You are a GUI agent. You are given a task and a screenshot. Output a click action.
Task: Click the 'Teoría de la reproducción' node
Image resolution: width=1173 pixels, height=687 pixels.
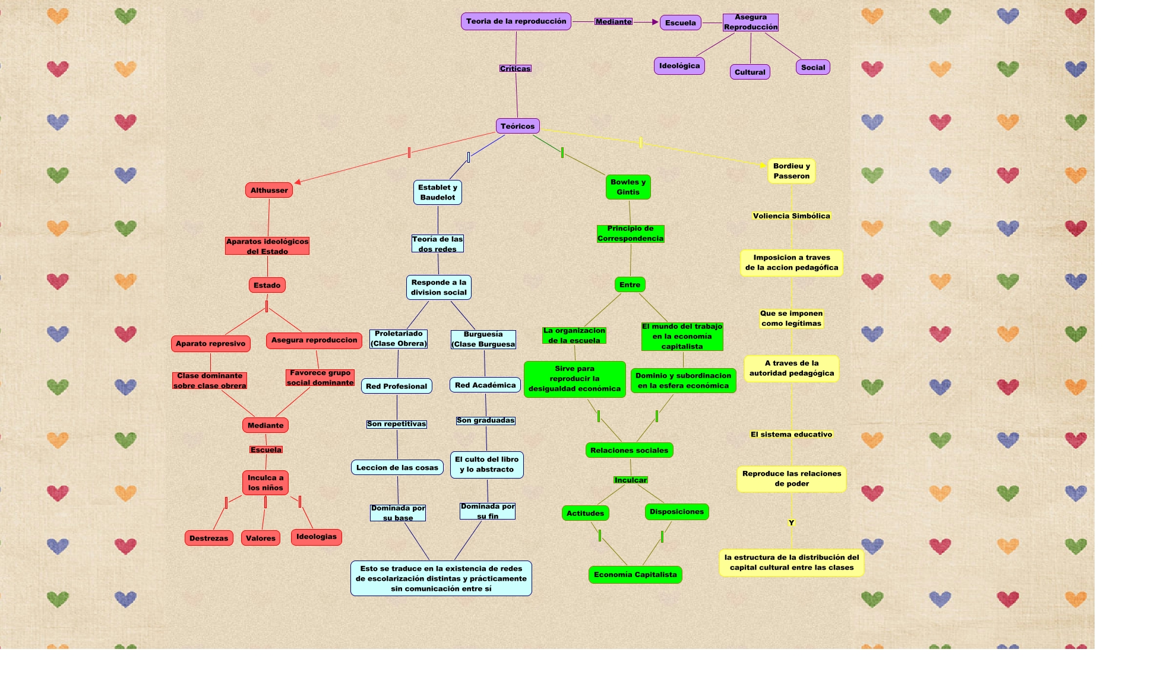(x=516, y=21)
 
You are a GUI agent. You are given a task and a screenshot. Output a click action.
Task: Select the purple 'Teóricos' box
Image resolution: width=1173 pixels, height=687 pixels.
(x=517, y=126)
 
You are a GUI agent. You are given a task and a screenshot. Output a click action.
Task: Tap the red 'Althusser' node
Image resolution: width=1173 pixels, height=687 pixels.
(x=269, y=190)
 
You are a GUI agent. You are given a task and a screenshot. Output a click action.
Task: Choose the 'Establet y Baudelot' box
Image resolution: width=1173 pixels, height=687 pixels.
(x=438, y=192)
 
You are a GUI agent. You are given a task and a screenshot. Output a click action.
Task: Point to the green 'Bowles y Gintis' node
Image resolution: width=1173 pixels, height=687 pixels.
(x=628, y=187)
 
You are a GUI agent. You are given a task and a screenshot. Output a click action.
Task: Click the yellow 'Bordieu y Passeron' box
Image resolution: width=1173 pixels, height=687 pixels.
(x=791, y=171)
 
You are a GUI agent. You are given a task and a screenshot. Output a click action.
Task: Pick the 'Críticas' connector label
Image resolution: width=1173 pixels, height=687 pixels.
(x=515, y=69)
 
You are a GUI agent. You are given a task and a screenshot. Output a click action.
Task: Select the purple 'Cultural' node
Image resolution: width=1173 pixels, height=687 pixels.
(x=750, y=72)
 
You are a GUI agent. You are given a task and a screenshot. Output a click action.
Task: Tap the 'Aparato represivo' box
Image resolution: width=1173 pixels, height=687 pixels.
(x=210, y=344)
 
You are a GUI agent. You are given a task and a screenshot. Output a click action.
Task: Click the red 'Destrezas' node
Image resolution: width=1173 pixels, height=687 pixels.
(x=208, y=539)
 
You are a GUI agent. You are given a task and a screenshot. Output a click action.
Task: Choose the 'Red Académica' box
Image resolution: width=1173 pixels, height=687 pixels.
(x=485, y=385)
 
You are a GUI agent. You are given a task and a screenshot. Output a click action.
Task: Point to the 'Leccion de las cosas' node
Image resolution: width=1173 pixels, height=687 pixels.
(x=397, y=468)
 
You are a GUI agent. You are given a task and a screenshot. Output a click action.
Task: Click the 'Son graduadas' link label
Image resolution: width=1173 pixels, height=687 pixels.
(x=485, y=420)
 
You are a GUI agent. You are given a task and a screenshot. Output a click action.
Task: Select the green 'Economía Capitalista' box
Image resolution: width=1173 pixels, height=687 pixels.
(x=635, y=575)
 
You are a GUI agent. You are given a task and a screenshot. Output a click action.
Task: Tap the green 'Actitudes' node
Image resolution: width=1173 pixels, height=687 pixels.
(x=585, y=514)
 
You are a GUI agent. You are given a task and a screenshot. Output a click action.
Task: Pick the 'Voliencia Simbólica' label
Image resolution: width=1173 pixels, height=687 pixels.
(x=791, y=216)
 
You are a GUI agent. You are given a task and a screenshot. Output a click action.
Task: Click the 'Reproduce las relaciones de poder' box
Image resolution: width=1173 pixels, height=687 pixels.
(x=791, y=479)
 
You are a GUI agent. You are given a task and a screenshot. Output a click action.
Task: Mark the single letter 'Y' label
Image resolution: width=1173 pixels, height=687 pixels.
(x=791, y=523)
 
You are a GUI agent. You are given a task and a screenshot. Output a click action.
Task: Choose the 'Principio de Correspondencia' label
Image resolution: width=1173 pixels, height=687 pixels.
(x=630, y=233)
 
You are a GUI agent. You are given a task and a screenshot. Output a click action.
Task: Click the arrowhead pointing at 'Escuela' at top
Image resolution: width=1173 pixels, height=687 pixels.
(x=655, y=22)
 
